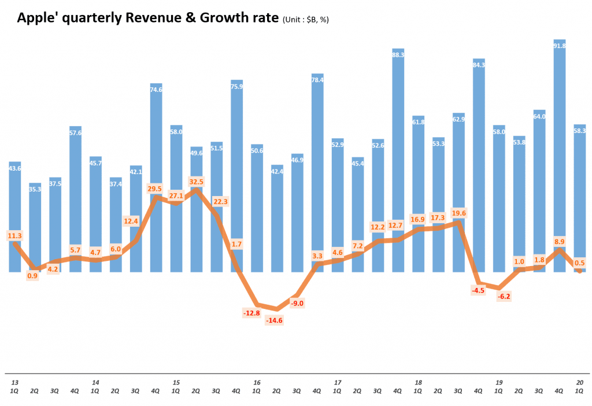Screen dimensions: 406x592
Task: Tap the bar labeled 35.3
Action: (35, 226)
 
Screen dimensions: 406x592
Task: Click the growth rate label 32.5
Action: (196, 181)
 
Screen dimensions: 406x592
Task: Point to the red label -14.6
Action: (273, 320)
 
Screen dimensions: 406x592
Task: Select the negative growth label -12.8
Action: (252, 313)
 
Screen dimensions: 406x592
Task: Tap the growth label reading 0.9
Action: (32, 275)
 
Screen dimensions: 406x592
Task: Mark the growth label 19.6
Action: (458, 212)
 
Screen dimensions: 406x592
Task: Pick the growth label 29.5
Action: (156, 189)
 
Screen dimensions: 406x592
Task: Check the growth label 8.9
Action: (559, 241)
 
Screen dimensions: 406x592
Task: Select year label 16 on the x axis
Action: (257, 382)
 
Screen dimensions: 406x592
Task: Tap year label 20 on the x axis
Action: (579, 382)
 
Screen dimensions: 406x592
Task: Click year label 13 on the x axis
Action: (15, 382)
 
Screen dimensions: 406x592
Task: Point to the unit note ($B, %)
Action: (306, 20)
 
